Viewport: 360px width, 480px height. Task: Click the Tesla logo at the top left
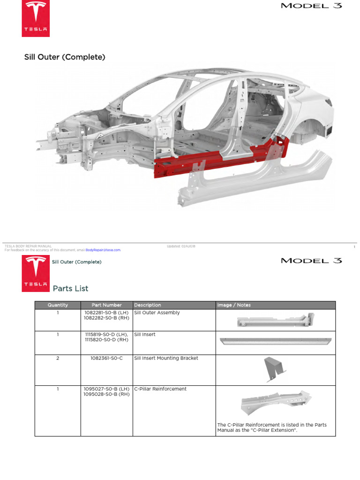click(x=36, y=19)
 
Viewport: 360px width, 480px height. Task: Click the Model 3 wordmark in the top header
click(x=311, y=6)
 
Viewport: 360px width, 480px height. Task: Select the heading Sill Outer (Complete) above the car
click(x=65, y=57)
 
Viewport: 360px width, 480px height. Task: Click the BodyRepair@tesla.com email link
click(x=103, y=250)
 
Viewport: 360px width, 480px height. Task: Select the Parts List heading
click(x=70, y=288)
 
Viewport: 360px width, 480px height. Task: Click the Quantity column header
click(x=58, y=305)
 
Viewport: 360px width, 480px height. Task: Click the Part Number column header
click(x=107, y=305)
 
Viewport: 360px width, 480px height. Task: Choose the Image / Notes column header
click(x=234, y=305)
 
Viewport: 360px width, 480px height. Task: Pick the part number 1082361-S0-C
click(x=107, y=358)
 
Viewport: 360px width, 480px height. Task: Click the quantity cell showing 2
click(x=58, y=358)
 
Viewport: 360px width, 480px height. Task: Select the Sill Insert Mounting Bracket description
click(x=166, y=358)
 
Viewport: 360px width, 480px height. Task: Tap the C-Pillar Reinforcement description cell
click(x=160, y=389)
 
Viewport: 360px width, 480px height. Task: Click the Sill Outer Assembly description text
click(x=157, y=313)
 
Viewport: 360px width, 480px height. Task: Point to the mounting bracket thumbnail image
click(x=275, y=369)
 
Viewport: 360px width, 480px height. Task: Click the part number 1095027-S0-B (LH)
click(x=107, y=389)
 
